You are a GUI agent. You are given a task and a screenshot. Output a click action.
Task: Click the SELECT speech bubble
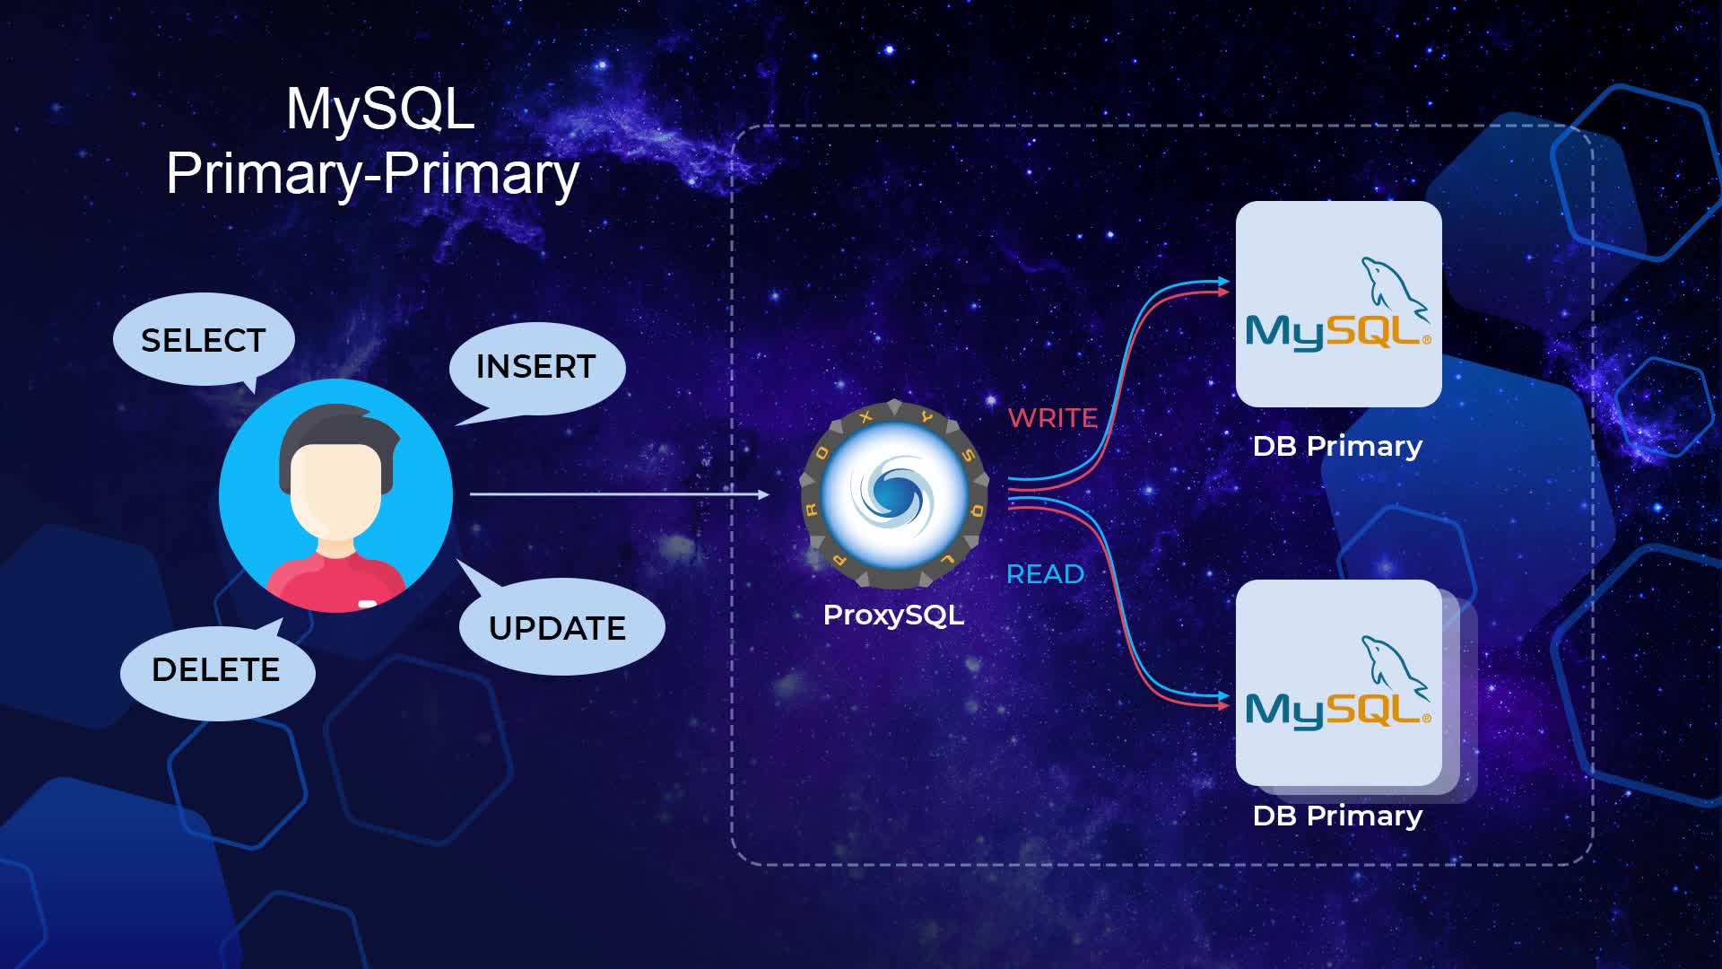pyautogui.click(x=204, y=340)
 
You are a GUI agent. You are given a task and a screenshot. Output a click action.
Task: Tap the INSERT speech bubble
pyautogui.click(x=536, y=367)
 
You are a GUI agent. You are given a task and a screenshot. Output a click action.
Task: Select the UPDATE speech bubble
pyautogui.click(x=558, y=628)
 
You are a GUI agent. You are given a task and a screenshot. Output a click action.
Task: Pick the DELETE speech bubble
pyautogui.click(x=216, y=670)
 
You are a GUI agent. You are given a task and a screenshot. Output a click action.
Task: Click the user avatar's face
pyautogui.click(x=335, y=489)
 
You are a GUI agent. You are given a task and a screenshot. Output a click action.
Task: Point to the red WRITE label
pyautogui.click(x=1052, y=418)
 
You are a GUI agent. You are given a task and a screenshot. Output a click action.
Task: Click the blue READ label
pyautogui.click(x=1045, y=574)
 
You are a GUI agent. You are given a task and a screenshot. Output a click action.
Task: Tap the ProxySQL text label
pyautogui.click(x=893, y=615)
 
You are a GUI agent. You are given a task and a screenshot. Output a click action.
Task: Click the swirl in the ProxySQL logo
pyautogui.click(x=893, y=493)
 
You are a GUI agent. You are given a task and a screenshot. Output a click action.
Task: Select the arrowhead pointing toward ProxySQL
pyautogui.click(x=763, y=494)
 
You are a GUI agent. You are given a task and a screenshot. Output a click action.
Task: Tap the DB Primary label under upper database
pyautogui.click(x=1337, y=446)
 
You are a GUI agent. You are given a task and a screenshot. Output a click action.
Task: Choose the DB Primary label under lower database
pyautogui.click(x=1337, y=816)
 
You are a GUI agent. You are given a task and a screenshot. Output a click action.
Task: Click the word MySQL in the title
pyautogui.click(x=380, y=109)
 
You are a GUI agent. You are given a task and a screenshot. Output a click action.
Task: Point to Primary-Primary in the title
pyautogui.click(x=373, y=173)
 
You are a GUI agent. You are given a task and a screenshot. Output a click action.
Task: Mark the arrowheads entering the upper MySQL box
pyautogui.click(x=1223, y=287)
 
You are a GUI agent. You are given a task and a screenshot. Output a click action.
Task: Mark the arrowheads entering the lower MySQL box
pyautogui.click(x=1223, y=701)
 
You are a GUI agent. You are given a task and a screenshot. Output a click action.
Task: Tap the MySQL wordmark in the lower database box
pyautogui.click(x=1336, y=711)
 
